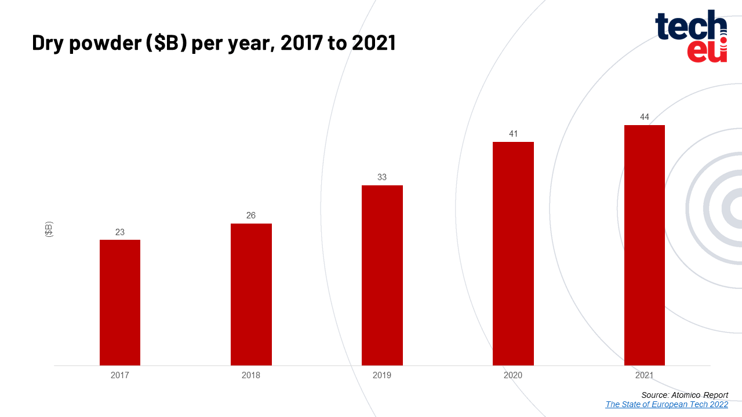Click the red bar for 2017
pos(120,302)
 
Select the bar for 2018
pos(251,294)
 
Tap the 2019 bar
pos(382,275)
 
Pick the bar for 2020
pos(513,253)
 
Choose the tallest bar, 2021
pos(644,245)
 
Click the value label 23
pos(120,232)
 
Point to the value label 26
pos(251,215)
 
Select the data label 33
pos(382,177)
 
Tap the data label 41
pos(513,134)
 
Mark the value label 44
pos(644,117)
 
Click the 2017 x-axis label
pos(120,375)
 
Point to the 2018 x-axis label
pos(251,375)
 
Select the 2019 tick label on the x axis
pos(382,375)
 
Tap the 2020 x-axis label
pos(513,375)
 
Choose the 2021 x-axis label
pos(644,375)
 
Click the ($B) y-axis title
pos(49,229)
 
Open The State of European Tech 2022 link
pos(667,404)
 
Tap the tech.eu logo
pos(691,36)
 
